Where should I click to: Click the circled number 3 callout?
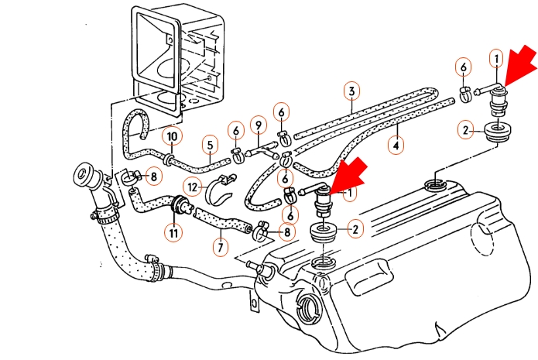pos(351,91)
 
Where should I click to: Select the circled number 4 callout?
pos(396,146)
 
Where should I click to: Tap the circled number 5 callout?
pos(210,146)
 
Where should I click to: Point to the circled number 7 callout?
pos(221,247)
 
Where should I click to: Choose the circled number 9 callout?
pos(259,125)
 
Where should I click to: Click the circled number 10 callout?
pos(172,136)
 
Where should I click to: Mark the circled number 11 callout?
pos(173,233)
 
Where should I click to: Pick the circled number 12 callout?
pos(193,187)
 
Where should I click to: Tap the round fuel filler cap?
pos(83,174)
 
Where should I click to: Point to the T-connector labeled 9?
pos(263,150)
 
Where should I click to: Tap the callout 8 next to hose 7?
pos(287,232)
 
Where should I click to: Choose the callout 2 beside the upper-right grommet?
pos(465,130)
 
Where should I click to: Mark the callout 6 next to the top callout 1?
pos(464,67)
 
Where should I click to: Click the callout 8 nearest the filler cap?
pos(153,177)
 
